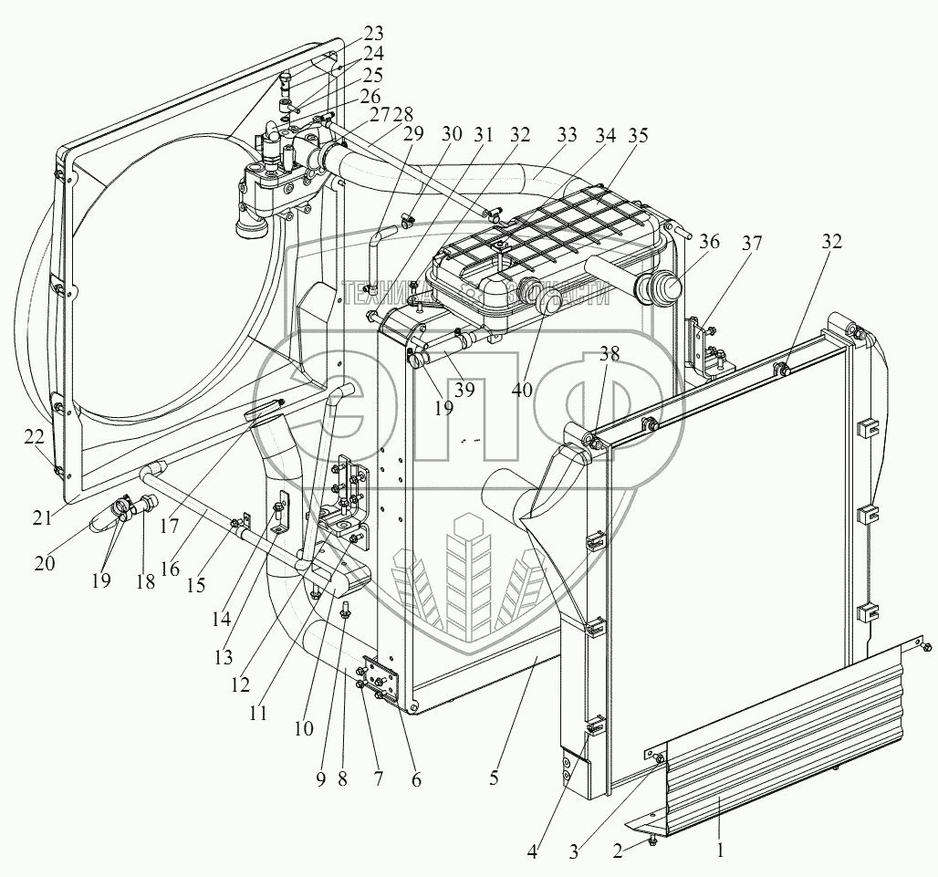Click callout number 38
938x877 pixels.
[609, 355]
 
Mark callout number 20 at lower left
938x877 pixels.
[43, 563]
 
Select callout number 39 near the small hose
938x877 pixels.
[465, 391]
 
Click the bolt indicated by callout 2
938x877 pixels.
[649, 839]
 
